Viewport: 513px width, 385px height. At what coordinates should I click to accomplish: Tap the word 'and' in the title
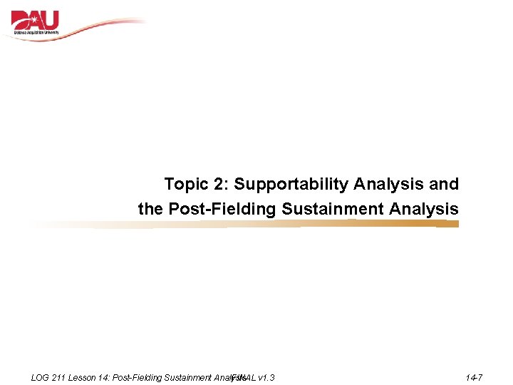(x=445, y=185)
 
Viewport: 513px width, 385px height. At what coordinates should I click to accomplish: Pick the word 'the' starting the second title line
(x=150, y=210)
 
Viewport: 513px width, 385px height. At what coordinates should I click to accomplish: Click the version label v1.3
(x=266, y=377)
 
